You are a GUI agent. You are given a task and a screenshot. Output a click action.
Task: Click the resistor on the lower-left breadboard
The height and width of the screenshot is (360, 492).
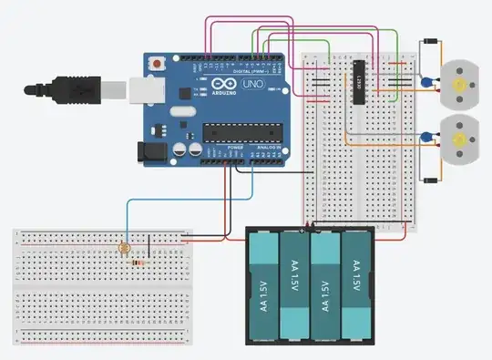138,262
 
